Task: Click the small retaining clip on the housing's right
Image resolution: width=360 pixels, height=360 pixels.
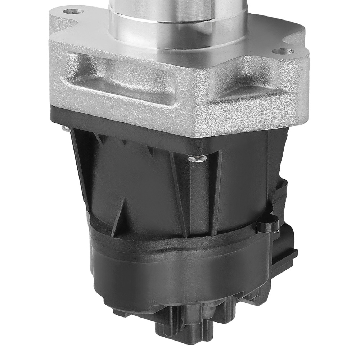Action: pos(266,225)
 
